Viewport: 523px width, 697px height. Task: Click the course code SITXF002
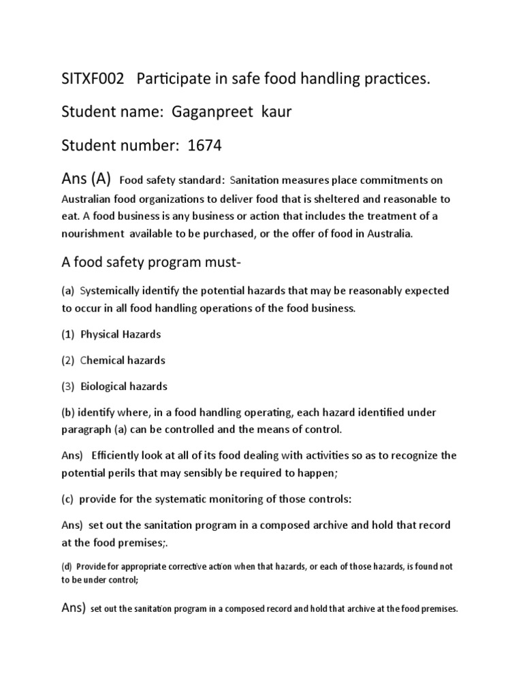click(89, 80)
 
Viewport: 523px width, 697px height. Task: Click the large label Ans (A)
click(82, 180)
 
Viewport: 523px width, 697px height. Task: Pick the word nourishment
click(92, 233)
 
